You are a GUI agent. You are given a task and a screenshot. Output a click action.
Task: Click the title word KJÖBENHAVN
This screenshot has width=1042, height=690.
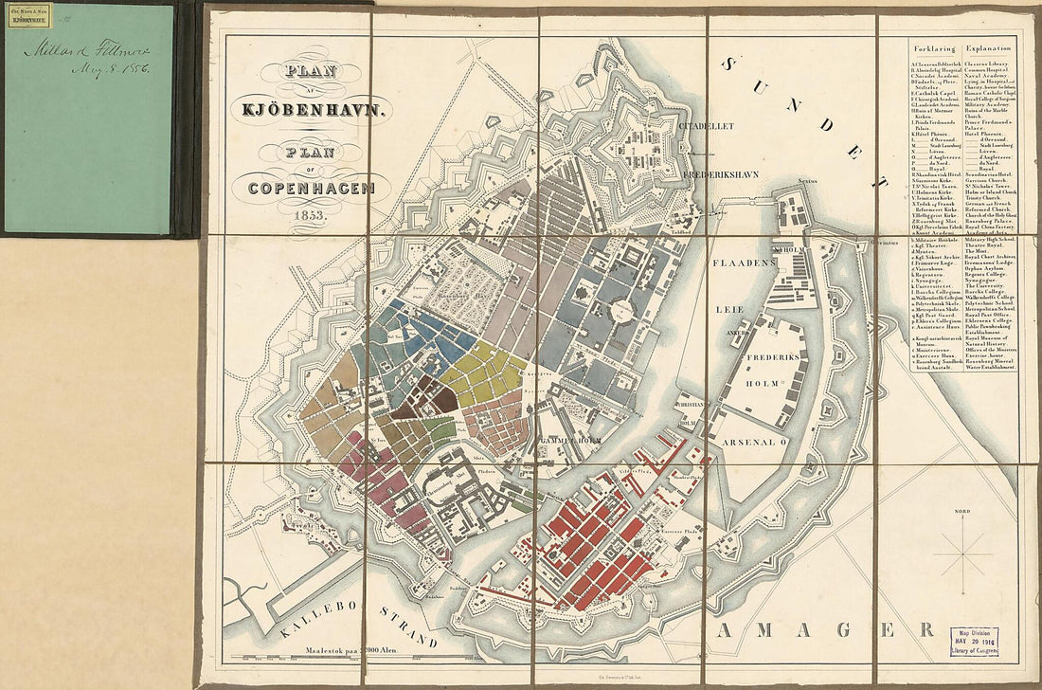312,108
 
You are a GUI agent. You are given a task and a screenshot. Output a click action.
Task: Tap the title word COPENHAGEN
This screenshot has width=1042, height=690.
312,187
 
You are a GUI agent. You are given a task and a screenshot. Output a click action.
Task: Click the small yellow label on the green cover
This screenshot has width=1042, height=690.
29,14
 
